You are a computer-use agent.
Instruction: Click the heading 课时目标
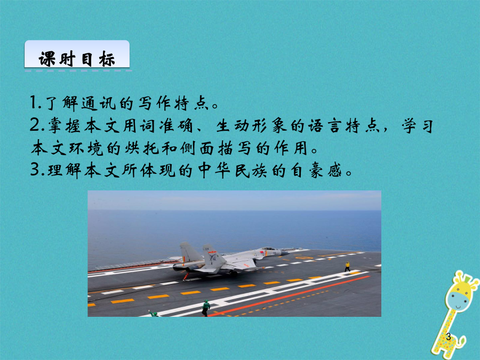[x=76, y=59]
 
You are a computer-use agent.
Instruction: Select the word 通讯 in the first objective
[x=99, y=103]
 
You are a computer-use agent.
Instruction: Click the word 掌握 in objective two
[x=65, y=125]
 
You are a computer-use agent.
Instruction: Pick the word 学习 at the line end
[x=418, y=125]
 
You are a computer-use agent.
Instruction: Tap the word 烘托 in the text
[x=141, y=148]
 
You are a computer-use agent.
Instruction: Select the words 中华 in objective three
[x=214, y=170]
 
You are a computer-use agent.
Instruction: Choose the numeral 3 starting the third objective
[x=34, y=170]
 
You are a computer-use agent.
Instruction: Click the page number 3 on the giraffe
[x=449, y=337]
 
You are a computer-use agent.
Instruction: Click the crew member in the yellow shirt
[x=347, y=267]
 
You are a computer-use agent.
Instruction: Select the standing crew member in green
[x=206, y=308]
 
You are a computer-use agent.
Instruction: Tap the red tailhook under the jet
[x=186, y=276]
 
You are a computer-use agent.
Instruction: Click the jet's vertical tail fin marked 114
[x=210, y=255]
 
